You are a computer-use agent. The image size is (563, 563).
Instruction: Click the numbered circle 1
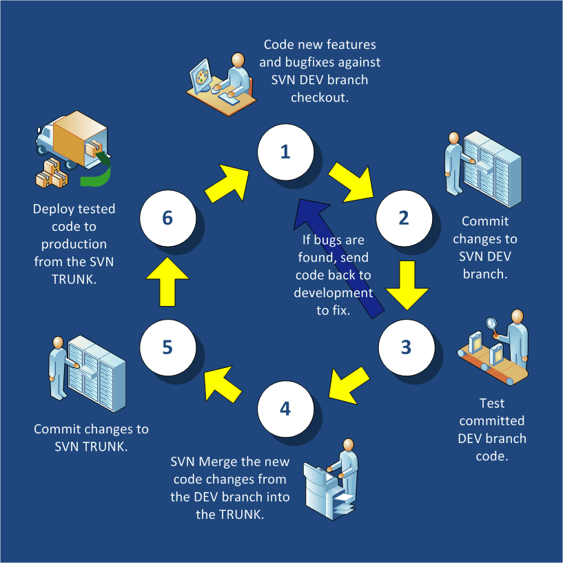click(x=285, y=152)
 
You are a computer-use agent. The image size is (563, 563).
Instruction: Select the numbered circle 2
click(x=403, y=218)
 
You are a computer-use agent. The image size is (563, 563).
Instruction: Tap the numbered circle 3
click(x=406, y=345)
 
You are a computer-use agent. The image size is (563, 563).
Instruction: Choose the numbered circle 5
click(x=167, y=346)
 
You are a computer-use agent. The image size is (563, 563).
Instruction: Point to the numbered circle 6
click(x=167, y=218)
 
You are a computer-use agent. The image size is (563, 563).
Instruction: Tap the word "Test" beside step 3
click(x=492, y=402)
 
